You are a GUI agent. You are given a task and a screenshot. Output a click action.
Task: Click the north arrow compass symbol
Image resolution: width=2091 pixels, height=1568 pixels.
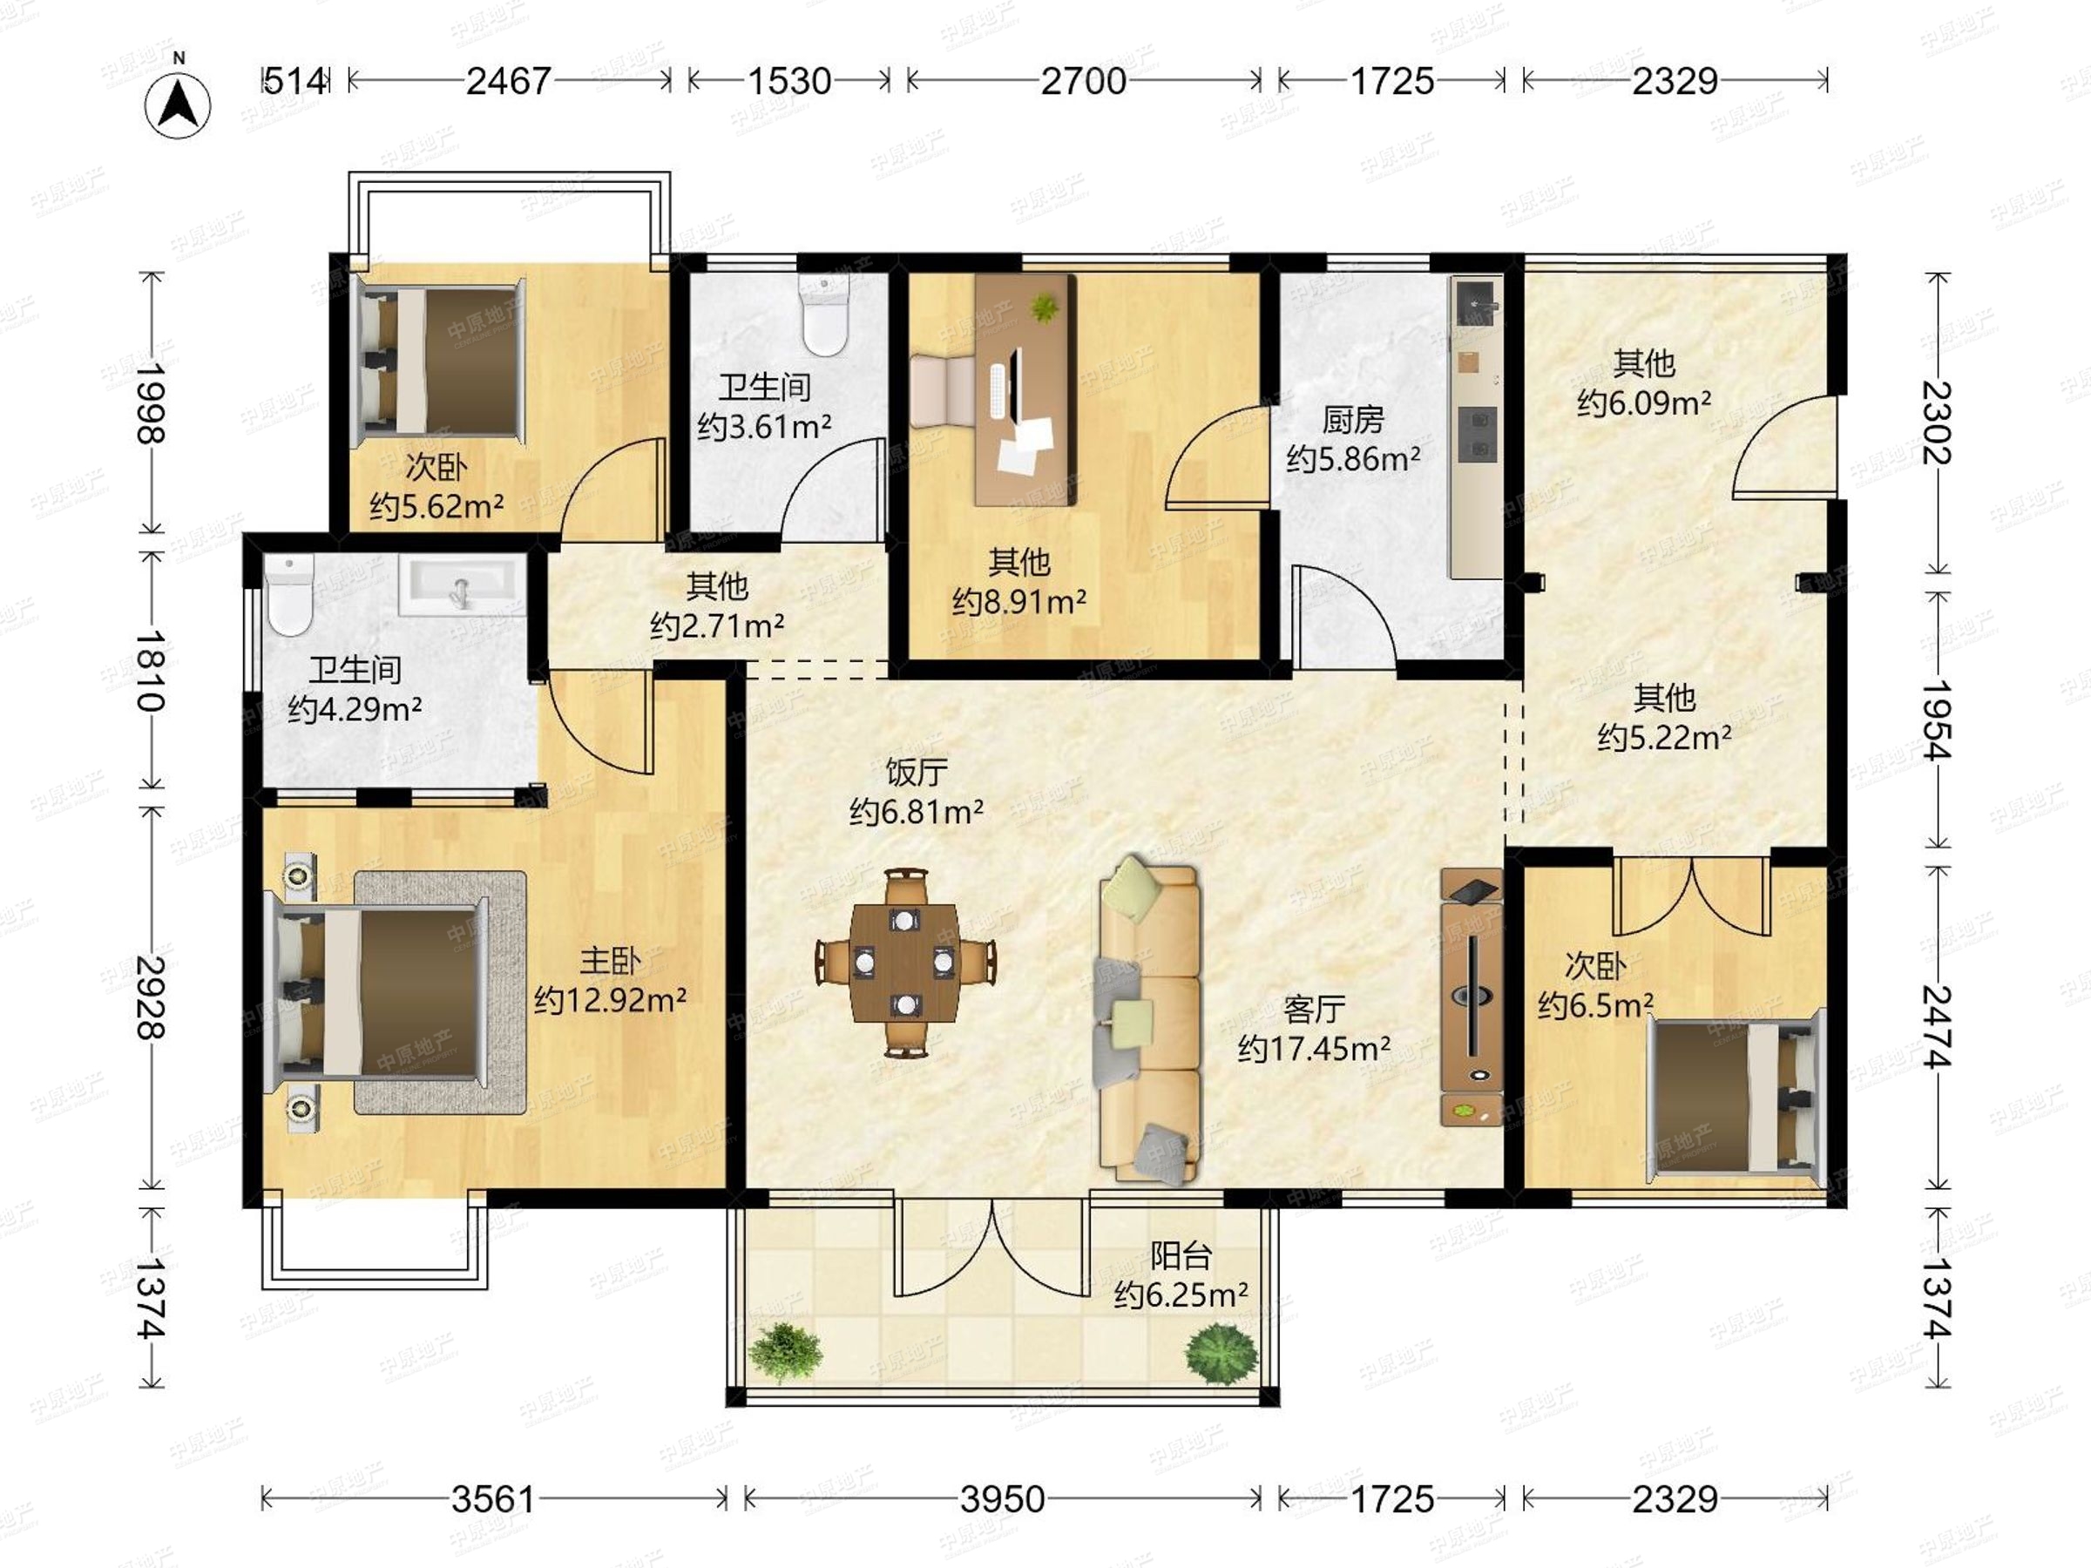[178, 104]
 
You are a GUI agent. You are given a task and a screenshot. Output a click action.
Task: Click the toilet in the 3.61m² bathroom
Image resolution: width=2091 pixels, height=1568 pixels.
[825, 314]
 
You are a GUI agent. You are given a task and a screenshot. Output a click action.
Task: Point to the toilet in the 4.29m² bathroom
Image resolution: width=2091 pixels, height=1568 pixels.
[289, 596]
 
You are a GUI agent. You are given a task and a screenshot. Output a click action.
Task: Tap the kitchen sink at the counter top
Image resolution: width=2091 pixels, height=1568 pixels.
[1476, 301]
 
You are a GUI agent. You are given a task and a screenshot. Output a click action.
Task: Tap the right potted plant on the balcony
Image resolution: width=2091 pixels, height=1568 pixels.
[1222, 1355]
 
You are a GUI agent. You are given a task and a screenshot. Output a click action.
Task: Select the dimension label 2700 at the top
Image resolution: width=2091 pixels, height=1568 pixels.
[1083, 81]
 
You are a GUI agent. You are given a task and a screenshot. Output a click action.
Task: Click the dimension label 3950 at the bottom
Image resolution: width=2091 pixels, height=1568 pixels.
[1002, 1499]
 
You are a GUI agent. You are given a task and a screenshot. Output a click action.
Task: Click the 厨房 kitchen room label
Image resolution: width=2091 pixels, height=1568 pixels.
[1353, 419]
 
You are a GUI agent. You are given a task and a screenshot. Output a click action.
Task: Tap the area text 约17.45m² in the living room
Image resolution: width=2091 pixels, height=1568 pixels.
[1314, 1049]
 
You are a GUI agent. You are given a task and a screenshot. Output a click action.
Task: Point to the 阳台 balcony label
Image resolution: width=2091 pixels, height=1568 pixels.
[1181, 1256]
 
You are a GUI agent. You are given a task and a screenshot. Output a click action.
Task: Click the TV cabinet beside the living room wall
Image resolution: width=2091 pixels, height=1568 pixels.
[1472, 997]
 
